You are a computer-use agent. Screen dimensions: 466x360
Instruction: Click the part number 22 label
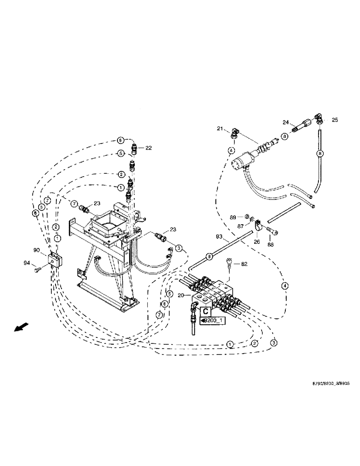(x=148, y=148)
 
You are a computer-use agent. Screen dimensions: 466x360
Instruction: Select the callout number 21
(x=220, y=129)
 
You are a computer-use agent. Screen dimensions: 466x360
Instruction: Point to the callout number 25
(x=334, y=120)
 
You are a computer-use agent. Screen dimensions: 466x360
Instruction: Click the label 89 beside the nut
(x=232, y=217)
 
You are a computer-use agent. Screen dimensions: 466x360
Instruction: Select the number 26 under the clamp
(x=256, y=242)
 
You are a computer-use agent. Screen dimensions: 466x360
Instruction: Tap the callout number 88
(x=270, y=244)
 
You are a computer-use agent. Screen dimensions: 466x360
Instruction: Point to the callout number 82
(x=243, y=264)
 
